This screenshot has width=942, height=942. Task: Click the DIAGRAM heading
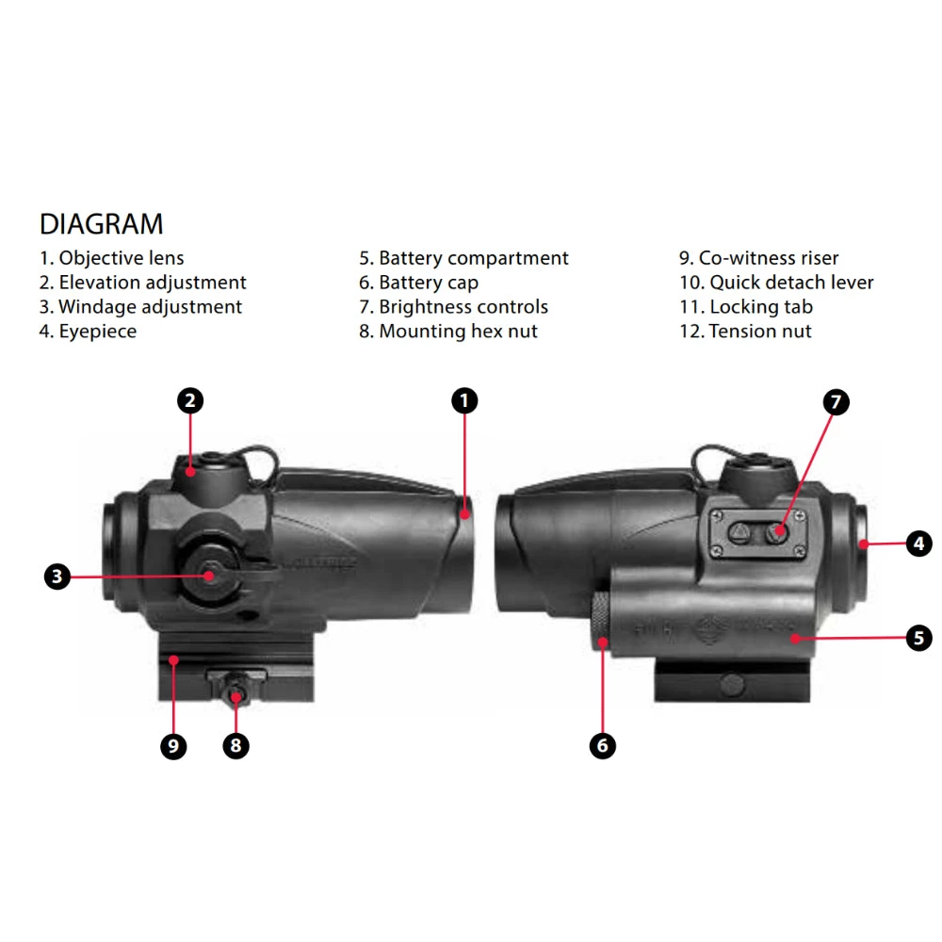tap(101, 224)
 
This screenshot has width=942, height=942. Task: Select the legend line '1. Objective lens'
tap(112, 258)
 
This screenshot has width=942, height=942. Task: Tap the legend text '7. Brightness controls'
tap(454, 306)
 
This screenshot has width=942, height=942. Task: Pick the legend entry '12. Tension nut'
tap(745, 331)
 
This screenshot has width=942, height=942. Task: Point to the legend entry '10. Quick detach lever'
tap(776, 283)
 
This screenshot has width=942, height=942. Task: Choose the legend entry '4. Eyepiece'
tap(88, 331)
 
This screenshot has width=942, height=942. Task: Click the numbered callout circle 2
tap(190, 400)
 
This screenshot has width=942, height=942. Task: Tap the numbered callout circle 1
tap(464, 400)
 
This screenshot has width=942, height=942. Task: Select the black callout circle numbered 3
tap(57, 577)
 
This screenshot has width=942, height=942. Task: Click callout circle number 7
tap(836, 402)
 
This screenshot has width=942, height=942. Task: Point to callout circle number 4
tap(919, 544)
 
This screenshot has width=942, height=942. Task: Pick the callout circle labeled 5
tap(919, 638)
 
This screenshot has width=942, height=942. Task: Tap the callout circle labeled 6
tap(603, 745)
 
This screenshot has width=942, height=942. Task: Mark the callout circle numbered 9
tap(173, 746)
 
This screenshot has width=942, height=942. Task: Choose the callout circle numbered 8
tap(236, 745)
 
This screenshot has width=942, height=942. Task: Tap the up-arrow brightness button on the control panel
tap(739, 532)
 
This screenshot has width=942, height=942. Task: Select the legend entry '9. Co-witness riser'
tap(758, 258)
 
